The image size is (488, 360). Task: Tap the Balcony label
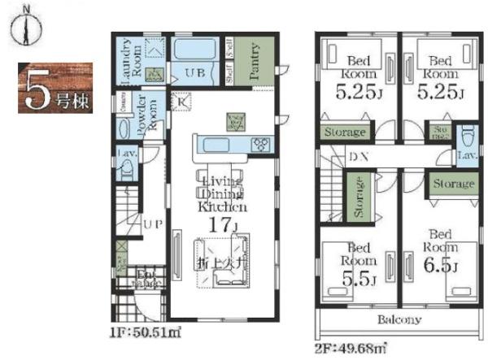[x=399, y=319]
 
